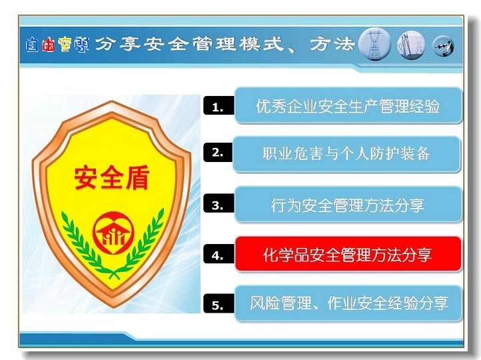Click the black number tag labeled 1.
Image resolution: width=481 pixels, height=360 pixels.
tap(219, 106)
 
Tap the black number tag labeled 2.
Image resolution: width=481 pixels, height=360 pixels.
tap(218, 153)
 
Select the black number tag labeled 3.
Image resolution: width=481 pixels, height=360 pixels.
tap(219, 204)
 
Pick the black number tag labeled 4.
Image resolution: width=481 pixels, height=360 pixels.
tap(219, 254)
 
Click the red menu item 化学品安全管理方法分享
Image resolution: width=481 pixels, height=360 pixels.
tap(348, 254)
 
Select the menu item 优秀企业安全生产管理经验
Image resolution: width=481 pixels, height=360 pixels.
tap(348, 105)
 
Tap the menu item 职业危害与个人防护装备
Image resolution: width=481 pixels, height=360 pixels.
tap(346, 154)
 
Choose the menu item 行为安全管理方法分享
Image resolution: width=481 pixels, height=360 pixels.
tap(348, 205)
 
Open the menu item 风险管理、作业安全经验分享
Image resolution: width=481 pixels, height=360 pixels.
tap(348, 303)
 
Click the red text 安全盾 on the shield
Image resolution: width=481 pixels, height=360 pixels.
tap(112, 177)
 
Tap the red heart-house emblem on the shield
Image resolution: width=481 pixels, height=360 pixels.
tap(113, 233)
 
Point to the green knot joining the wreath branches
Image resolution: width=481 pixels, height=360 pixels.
tap(114, 274)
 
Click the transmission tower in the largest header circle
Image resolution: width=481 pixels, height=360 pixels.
tap(374, 45)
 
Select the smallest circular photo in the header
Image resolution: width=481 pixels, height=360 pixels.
tap(443, 47)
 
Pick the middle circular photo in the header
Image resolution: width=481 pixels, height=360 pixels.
tap(411, 45)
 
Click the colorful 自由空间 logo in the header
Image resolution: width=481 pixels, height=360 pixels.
tap(58, 45)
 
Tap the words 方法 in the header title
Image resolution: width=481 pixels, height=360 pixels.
tap(332, 44)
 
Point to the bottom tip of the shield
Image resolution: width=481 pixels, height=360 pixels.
tap(113, 307)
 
